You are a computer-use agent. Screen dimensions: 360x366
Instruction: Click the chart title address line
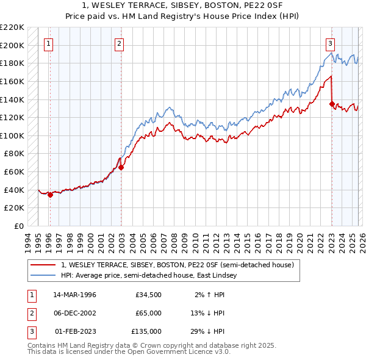point(183,5)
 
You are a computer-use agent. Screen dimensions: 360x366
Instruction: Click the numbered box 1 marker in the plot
point(48,43)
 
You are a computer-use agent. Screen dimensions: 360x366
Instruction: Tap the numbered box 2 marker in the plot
point(119,43)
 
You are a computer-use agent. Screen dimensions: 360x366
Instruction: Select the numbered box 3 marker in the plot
point(330,43)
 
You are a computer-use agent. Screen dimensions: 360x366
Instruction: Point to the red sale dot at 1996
point(50,195)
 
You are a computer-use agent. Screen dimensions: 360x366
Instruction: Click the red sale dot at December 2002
point(121,167)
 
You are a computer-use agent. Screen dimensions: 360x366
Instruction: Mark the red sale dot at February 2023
point(332,104)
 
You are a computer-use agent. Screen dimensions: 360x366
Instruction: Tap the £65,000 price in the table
point(148,313)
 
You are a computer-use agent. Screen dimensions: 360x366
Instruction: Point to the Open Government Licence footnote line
point(129,352)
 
